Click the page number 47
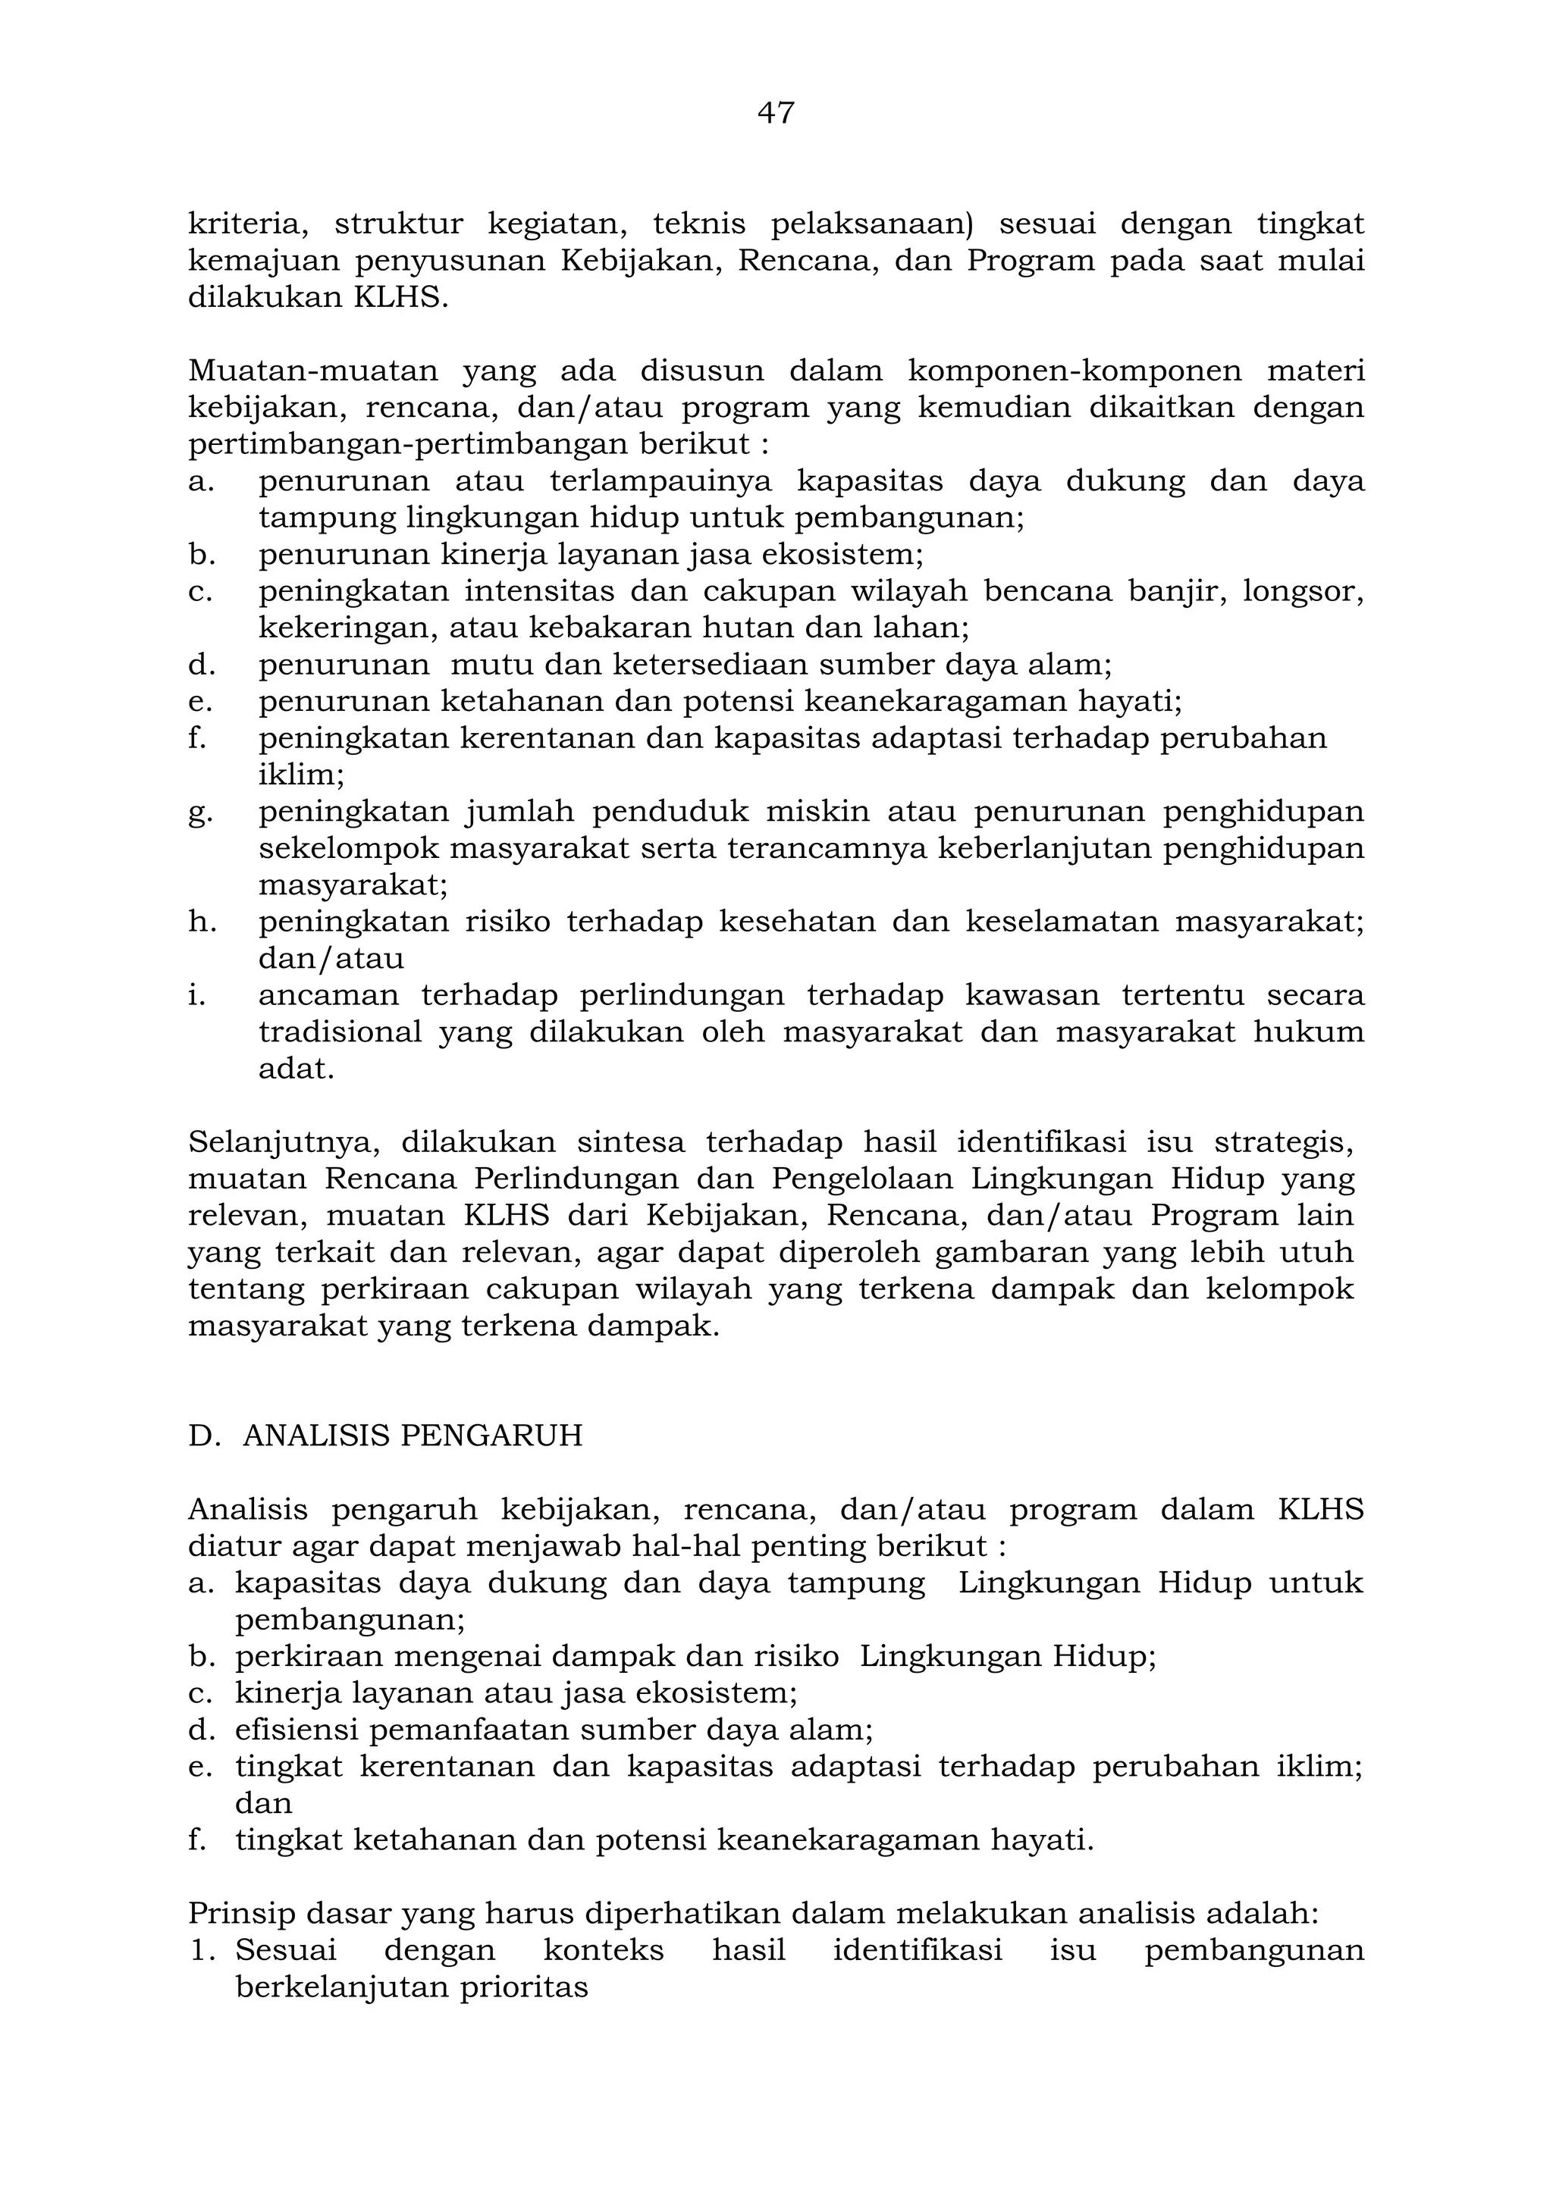[x=776, y=113]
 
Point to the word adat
[x=296, y=1069]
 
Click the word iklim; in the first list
[x=301, y=775]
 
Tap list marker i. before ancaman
[x=198, y=995]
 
